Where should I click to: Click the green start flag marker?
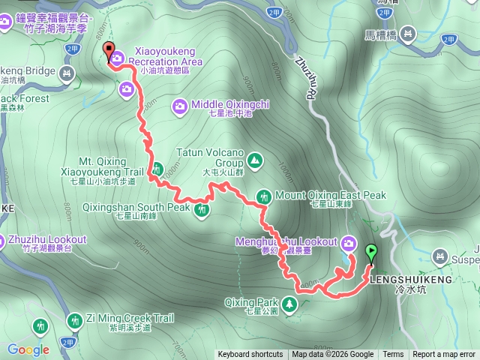(370, 252)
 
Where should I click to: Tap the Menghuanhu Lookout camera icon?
(349, 242)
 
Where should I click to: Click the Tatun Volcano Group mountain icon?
(255, 160)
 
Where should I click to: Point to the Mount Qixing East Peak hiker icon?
(264, 196)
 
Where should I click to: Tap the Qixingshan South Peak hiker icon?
(201, 210)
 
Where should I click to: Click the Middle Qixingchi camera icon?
(181, 105)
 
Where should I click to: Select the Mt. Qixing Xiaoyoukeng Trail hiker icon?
(157, 170)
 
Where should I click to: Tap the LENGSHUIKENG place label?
(412, 280)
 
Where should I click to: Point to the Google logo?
(28, 349)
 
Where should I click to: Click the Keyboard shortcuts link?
(250, 355)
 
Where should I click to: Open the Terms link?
(393, 355)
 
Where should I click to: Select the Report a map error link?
(444, 355)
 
